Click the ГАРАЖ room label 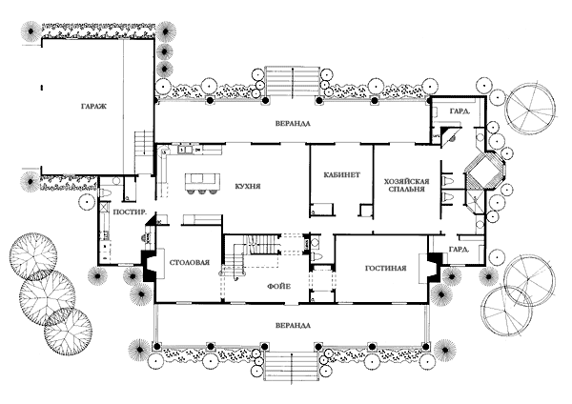(x=93, y=107)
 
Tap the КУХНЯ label (x=248, y=187)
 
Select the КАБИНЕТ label (x=342, y=174)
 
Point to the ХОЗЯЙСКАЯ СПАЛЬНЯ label (x=406, y=185)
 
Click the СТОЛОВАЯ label (x=190, y=263)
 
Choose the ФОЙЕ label (x=279, y=287)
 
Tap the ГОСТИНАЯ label (x=385, y=269)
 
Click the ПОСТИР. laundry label (x=131, y=212)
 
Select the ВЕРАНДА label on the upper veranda (x=293, y=124)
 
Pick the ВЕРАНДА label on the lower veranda (x=294, y=325)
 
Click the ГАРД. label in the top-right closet (x=460, y=111)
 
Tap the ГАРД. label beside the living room (x=459, y=250)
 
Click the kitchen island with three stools (x=202, y=183)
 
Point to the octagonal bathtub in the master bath (x=485, y=171)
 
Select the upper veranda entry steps (x=292, y=81)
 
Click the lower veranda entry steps (x=293, y=367)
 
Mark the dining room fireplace (x=151, y=266)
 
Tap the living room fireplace (x=433, y=268)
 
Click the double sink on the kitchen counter (x=185, y=150)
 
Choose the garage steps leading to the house (x=143, y=143)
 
